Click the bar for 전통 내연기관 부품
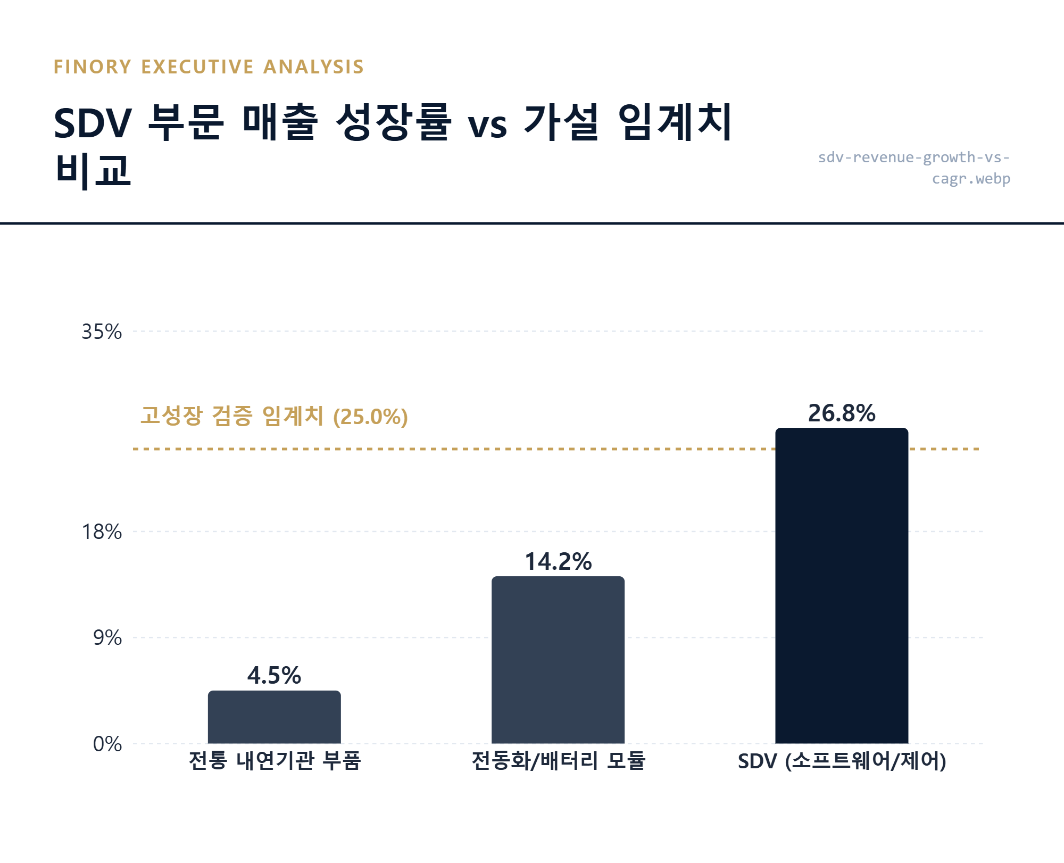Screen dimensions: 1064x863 pos(274,717)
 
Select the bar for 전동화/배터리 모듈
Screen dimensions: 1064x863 pos(558,660)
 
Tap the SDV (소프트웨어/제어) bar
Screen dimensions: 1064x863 pos(842,585)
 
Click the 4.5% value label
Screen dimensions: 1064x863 pos(274,676)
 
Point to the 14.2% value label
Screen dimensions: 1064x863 pos(558,562)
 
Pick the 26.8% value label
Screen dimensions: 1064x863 pos(842,413)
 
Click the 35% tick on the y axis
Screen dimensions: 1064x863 pos(102,332)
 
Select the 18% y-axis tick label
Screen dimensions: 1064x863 pos(102,532)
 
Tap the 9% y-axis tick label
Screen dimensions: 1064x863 pos(107,637)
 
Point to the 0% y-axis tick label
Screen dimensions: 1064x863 pos(107,744)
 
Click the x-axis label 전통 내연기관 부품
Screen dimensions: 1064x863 pos(275,761)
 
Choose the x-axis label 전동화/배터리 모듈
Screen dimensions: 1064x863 pos(558,761)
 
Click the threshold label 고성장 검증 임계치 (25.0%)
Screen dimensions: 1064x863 pos(274,416)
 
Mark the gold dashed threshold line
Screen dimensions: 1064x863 pos(556,449)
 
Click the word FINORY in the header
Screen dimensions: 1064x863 pos(93,67)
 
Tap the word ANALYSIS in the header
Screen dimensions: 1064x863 pos(313,67)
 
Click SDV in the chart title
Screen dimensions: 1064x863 pos(93,123)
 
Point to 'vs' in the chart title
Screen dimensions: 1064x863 pos(487,127)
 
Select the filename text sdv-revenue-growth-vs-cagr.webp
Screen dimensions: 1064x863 pos(914,168)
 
